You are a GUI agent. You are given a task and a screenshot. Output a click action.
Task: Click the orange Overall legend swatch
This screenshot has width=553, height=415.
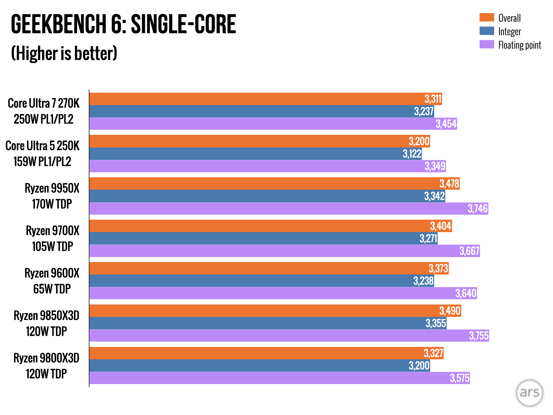487,17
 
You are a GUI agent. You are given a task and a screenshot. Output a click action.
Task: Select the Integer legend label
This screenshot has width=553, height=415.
510,32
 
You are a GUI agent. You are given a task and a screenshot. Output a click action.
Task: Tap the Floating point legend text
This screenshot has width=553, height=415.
520,45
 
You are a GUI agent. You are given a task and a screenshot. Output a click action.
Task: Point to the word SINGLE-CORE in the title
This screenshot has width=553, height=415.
183,24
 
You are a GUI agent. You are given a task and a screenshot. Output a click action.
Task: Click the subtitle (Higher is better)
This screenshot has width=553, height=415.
64,53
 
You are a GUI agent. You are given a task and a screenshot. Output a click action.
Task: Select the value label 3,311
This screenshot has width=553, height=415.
433,99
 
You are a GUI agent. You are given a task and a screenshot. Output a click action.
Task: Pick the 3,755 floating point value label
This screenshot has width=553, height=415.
479,336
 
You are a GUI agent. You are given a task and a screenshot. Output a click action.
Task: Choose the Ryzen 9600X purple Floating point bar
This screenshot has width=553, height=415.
270,293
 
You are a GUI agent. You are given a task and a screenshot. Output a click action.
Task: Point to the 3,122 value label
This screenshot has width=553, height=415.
412,154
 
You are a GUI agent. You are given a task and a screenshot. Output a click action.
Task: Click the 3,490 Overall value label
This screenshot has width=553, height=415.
450,311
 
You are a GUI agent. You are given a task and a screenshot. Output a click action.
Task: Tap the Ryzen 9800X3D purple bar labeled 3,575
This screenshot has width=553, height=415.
270,378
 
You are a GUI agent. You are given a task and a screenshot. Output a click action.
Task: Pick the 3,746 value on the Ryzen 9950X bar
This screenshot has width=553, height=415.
478,209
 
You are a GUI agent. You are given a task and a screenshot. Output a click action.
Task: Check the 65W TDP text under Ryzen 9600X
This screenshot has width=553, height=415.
52,289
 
